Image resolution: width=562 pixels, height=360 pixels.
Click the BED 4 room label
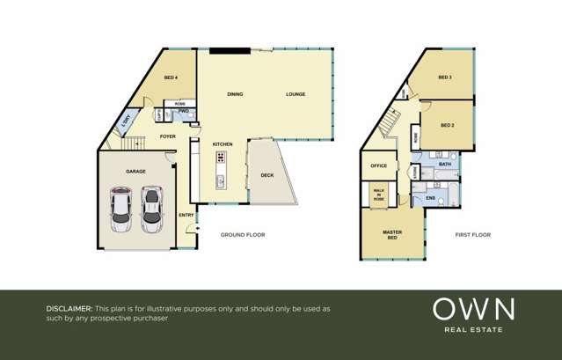pyautogui.click(x=172, y=78)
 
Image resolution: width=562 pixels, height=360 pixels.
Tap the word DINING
pyautogui.click(x=235, y=94)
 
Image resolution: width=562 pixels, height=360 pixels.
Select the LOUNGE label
pyautogui.click(x=296, y=94)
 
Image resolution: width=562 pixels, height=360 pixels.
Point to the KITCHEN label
pyautogui.click(x=223, y=143)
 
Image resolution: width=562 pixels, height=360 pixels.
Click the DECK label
pyautogui.click(x=267, y=175)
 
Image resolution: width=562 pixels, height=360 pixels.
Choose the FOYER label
pyautogui.click(x=168, y=136)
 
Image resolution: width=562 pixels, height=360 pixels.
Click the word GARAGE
pyautogui.click(x=135, y=172)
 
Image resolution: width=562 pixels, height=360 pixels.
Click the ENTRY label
pyautogui.click(x=186, y=216)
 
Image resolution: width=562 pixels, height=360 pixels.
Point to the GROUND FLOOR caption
pyautogui.click(x=242, y=235)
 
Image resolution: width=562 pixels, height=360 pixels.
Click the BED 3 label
pyautogui.click(x=445, y=78)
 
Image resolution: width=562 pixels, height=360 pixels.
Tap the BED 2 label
pyautogui.click(x=447, y=126)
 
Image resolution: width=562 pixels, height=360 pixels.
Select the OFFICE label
pyautogui.click(x=379, y=165)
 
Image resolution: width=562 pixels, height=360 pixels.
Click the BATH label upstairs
pyautogui.click(x=445, y=165)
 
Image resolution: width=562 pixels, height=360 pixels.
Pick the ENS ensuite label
pyautogui.click(x=430, y=198)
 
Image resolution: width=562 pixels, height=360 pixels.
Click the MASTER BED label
pyautogui.click(x=392, y=235)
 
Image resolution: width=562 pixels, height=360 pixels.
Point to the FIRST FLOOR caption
pyautogui.click(x=473, y=235)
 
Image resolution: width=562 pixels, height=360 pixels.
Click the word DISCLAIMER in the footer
pyautogui.click(x=69, y=309)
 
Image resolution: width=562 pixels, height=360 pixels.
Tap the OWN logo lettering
pyautogui.click(x=473, y=309)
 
